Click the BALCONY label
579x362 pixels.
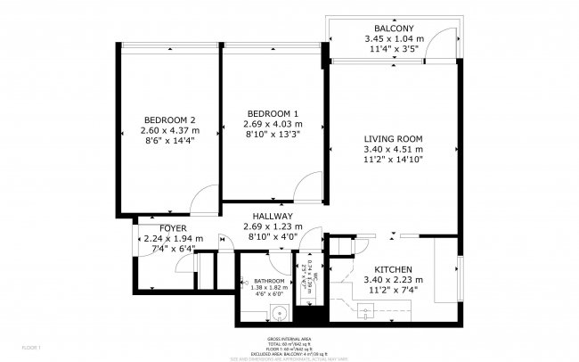tap(394, 29)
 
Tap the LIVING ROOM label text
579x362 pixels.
tap(392, 138)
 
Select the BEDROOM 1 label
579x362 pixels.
tap(273, 113)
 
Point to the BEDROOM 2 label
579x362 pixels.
tap(169, 120)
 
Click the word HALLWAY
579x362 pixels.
tap(273, 216)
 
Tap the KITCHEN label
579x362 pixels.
tap(392, 269)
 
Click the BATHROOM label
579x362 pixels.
tap(268, 280)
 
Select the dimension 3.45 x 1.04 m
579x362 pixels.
tap(394, 39)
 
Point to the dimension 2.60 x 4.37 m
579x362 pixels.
tap(169, 131)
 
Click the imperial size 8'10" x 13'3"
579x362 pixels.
tap(273, 135)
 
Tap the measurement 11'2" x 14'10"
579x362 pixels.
tap(392, 160)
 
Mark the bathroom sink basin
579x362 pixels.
tap(279, 312)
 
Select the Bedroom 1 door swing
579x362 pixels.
tap(311, 185)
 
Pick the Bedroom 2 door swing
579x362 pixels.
tap(203, 198)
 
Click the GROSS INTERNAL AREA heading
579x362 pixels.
tap(289, 340)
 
